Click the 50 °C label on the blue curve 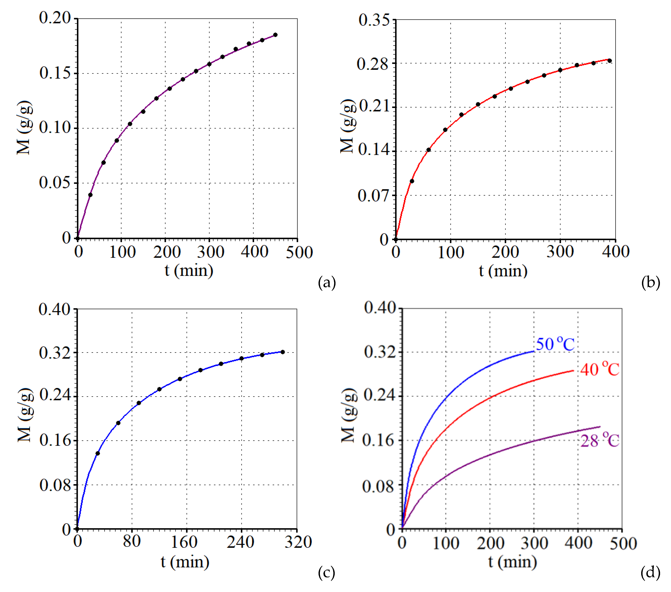[x=555, y=344]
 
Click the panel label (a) [x=327, y=282]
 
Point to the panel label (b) [x=650, y=282]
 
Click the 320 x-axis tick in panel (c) [x=298, y=542]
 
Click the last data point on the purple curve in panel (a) [x=275, y=35]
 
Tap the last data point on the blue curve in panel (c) [x=283, y=352]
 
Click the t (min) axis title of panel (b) [x=503, y=271]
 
